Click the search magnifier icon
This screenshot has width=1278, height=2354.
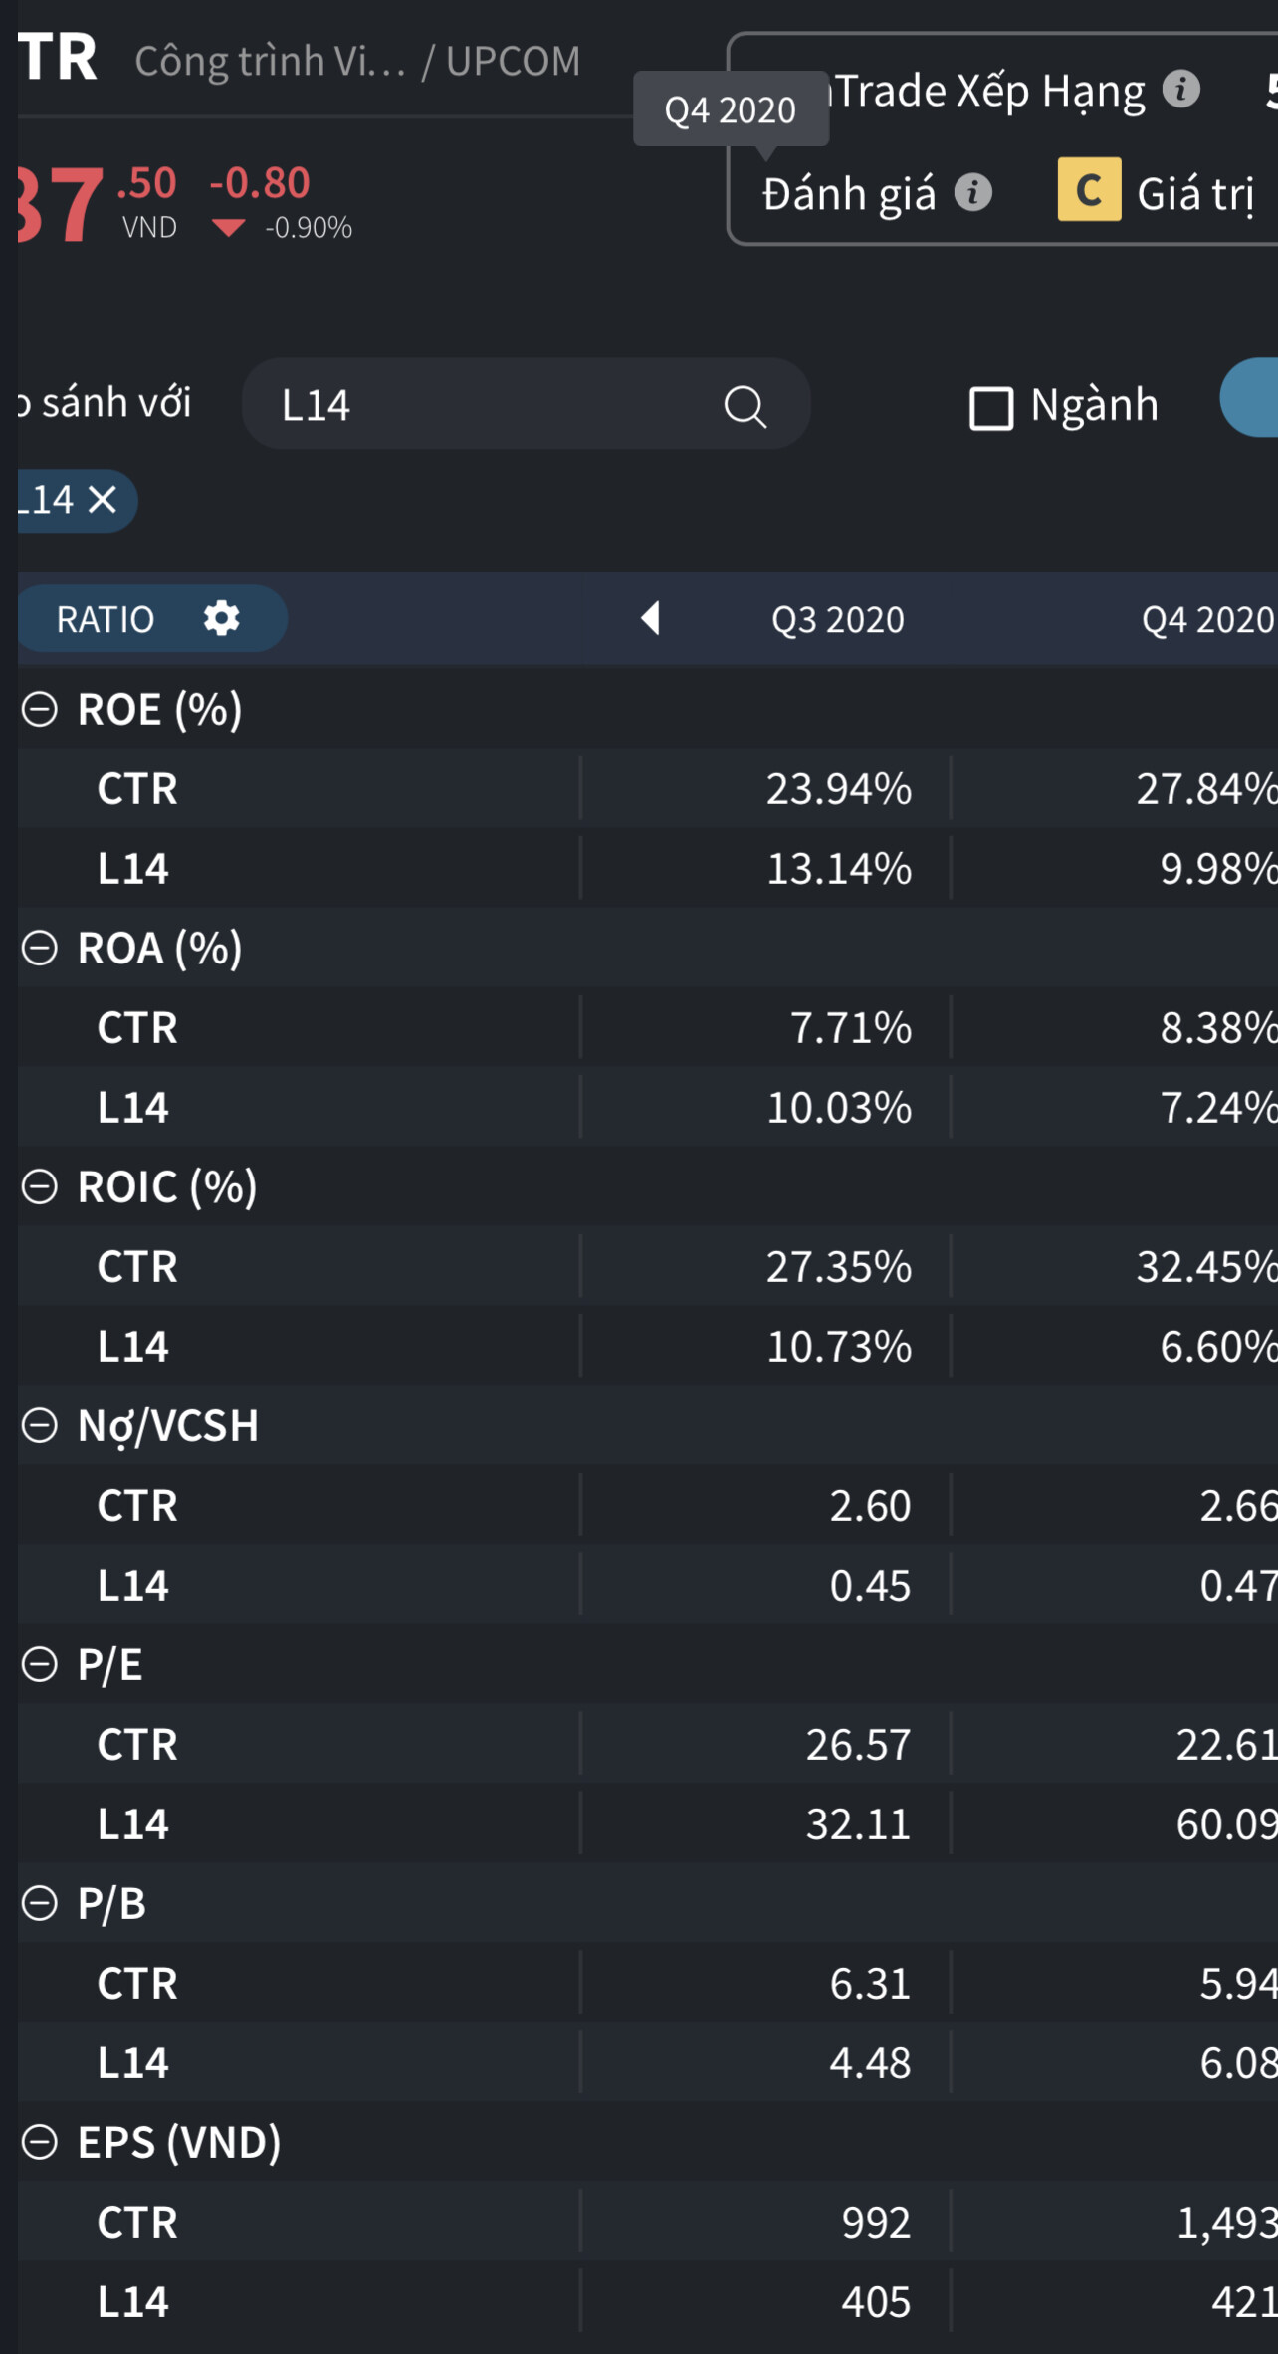point(745,406)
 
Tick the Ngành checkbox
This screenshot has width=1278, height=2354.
point(990,408)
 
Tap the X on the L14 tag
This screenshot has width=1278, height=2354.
point(103,500)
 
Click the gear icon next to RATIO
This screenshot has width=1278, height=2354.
point(221,618)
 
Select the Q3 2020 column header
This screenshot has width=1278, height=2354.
point(837,620)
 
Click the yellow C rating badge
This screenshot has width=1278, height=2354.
point(1089,189)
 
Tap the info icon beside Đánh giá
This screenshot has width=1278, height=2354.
point(973,192)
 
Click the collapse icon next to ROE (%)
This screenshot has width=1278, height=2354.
point(40,710)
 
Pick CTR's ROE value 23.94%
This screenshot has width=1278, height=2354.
point(838,789)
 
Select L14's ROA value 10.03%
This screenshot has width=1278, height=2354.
point(838,1108)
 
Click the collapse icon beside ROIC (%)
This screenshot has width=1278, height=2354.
point(40,1186)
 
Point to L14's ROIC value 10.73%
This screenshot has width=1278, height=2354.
point(838,1347)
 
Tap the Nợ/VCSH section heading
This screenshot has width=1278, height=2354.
point(167,1425)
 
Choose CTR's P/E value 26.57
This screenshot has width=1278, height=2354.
point(857,1745)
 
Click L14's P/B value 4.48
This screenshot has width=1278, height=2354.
point(870,2063)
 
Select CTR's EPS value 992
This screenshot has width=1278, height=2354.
point(876,2223)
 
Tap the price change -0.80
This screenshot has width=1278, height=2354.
point(260,183)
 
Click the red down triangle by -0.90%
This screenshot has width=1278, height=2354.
point(229,228)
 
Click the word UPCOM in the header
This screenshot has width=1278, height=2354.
point(513,62)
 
